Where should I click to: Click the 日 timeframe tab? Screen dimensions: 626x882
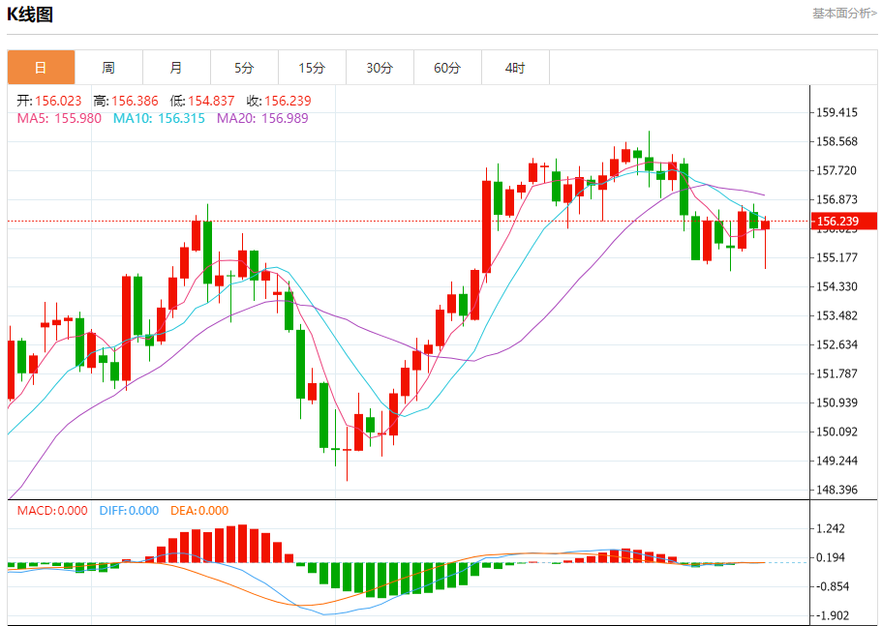tap(41, 68)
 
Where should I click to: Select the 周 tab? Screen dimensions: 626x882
tap(108, 68)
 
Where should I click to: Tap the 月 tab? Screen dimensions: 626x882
tap(176, 68)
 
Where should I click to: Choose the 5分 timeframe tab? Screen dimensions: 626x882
tap(244, 68)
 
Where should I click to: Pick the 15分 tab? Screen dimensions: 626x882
tap(312, 68)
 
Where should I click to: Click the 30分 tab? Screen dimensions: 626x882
tap(380, 68)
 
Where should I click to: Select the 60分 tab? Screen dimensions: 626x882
tap(447, 68)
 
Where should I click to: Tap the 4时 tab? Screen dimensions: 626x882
tap(515, 68)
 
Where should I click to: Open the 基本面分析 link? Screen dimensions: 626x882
tap(844, 13)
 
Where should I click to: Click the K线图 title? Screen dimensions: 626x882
tap(30, 15)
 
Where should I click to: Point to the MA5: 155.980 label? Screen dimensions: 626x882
tap(59, 118)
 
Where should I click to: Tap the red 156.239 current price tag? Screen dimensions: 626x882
tap(844, 222)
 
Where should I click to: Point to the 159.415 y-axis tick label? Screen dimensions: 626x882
tap(836, 112)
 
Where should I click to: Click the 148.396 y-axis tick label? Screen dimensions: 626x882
tap(836, 490)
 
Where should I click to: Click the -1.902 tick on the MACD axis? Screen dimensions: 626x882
tap(832, 615)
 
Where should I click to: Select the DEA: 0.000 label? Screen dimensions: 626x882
tap(199, 511)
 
